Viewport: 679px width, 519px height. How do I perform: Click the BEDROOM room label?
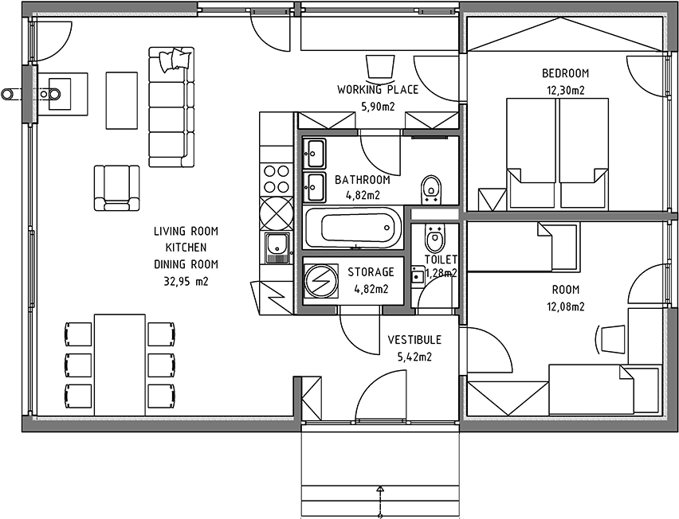coord(566,73)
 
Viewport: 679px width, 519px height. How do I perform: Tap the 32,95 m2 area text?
coord(186,281)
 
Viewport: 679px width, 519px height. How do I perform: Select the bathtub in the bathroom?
coord(355,228)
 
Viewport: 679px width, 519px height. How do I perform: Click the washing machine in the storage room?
coord(321,280)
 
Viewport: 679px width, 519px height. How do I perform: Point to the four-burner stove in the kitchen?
coord(277,178)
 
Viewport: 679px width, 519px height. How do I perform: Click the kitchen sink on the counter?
coord(277,248)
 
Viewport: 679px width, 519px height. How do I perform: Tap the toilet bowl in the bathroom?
coord(431,189)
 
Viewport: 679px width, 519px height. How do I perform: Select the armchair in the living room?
coord(117,188)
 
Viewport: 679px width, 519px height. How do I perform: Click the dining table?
coord(120,365)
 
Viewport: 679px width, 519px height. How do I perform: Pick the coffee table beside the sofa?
coord(122,100)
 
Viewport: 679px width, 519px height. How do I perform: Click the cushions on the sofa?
coord(175,59)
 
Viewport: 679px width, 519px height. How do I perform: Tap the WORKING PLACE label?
coord(378,89)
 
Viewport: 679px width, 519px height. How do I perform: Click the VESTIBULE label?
coord(414,340)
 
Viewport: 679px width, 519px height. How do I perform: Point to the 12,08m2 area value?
coord(566,306)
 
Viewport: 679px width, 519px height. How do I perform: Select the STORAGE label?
coord(371,272)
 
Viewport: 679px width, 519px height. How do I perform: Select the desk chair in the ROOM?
coord(611,340)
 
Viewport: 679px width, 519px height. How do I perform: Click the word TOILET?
coord(441,259)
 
